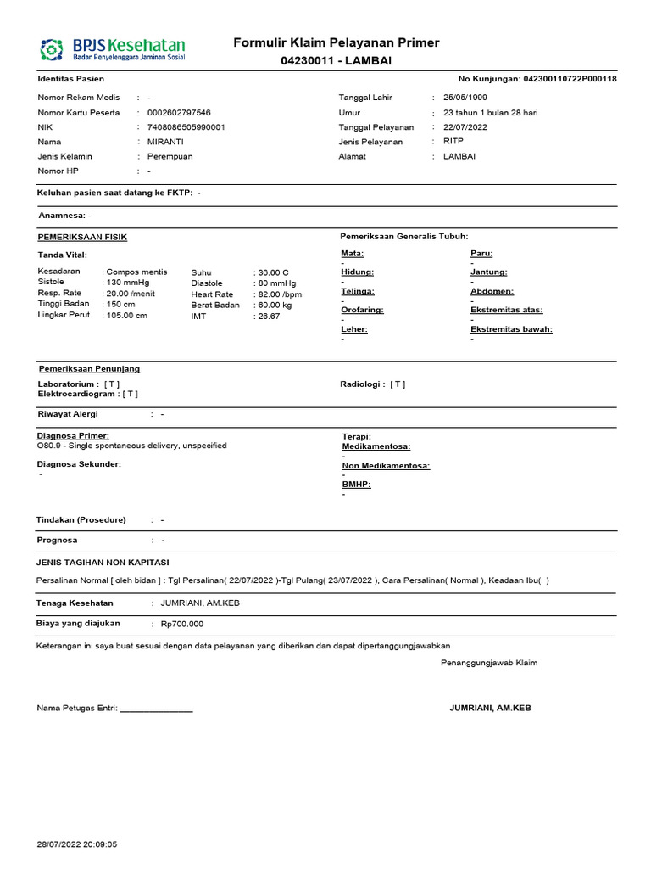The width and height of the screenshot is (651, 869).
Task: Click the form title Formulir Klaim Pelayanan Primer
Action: [x=337, y=43]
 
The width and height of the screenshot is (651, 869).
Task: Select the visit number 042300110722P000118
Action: [x=570, y=79]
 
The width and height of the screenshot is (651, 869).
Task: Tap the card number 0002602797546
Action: [x=179, y=113]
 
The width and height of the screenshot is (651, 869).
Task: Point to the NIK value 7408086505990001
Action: [x=186, y=127]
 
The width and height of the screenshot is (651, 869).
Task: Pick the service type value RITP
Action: [x=453, y=142]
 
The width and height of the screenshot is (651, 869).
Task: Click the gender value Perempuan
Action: [x=170, y=157]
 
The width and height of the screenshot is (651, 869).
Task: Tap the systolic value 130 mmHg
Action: [x=127, y=283]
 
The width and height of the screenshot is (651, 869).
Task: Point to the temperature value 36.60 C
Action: [x=274, y=272]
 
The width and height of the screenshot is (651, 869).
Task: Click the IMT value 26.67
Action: [x=270, y=316]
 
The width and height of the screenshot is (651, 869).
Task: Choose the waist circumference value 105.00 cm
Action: [x=127, y=316]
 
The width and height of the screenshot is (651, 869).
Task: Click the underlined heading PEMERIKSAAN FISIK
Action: [x=82, y=237]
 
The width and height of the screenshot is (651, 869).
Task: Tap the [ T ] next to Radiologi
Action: [x=398, y=384]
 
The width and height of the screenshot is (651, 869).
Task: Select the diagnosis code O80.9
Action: [x=49, y=446]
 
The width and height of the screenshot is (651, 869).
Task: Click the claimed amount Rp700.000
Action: [x=182, y=624]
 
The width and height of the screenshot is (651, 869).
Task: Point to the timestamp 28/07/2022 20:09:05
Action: [x=77, y=844]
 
